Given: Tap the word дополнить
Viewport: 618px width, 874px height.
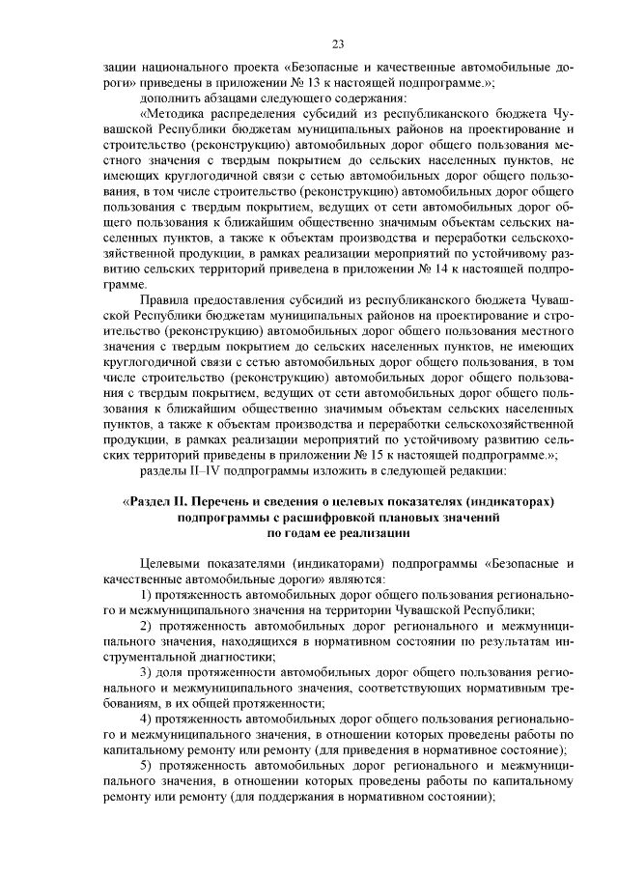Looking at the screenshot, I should point(171,99).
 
